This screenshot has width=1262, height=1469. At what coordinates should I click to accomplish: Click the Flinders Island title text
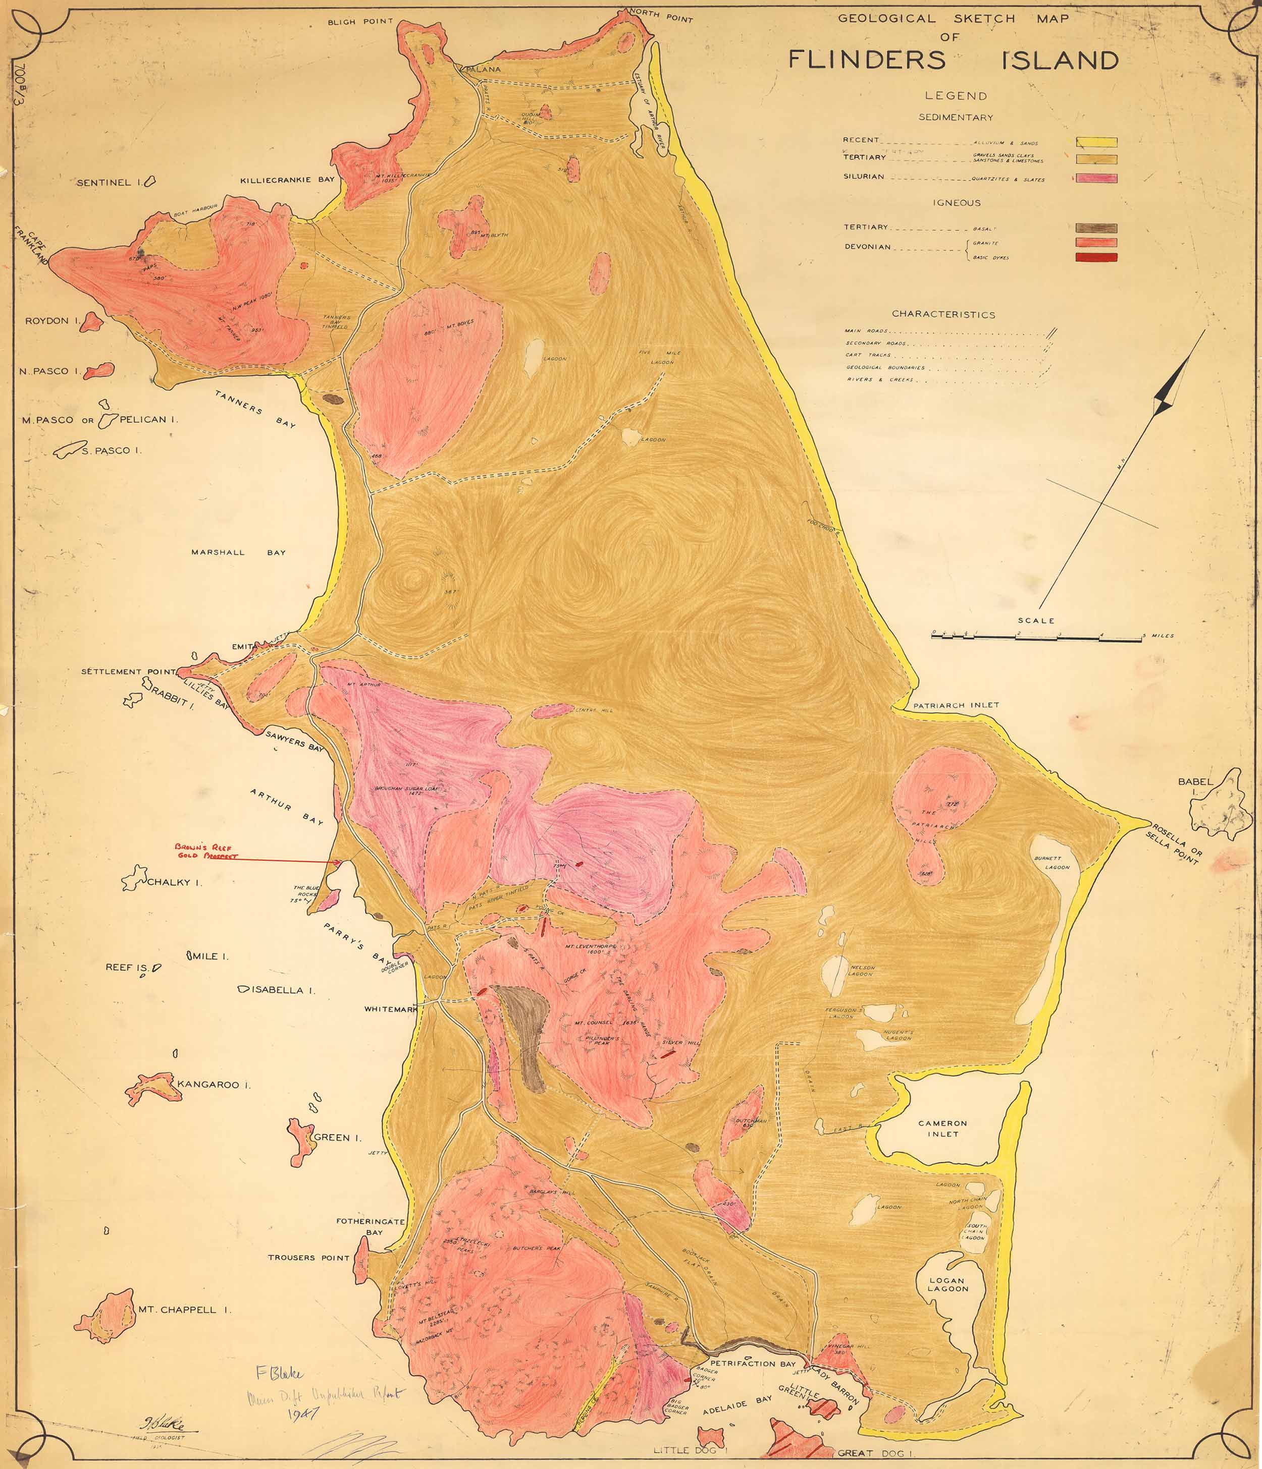click(x=954, y=60)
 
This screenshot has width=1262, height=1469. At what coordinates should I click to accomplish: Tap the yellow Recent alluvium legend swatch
click(x=1096, y=142)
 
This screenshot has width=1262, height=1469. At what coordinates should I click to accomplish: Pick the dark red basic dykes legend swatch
click(x=1096, y=257)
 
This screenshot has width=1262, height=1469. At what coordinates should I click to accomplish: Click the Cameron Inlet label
click(x=942, y=1128)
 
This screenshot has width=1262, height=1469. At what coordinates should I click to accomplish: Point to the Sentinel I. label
click(x=104, y=183)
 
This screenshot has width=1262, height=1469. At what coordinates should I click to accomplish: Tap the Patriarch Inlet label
click(x=956, y=705)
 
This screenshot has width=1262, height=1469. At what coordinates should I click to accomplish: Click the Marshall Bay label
click(x=238, y=552)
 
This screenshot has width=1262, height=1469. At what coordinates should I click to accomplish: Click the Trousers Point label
click(x=308, y=1258)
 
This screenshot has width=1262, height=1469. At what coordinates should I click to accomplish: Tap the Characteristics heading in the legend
click(x=943, y=314)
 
